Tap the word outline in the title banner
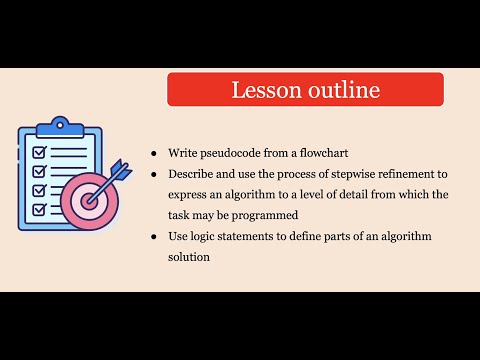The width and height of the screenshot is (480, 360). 339,90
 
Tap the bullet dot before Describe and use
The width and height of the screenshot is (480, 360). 153,173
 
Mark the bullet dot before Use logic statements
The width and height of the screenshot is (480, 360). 153,236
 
